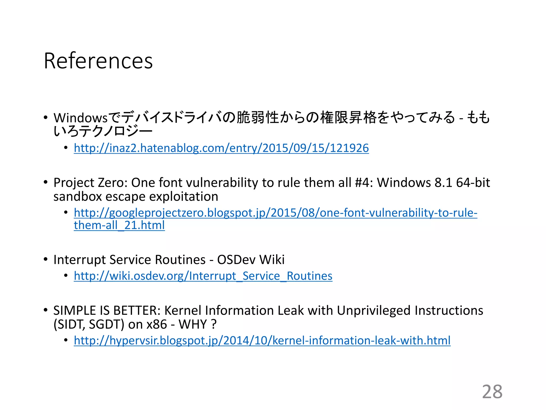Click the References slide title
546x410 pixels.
click(98, 61)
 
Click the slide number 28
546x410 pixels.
click(492, 392)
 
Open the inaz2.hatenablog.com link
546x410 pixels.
click(221, 148)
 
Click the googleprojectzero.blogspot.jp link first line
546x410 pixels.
click(275, 213)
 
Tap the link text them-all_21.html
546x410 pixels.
click(119, 225)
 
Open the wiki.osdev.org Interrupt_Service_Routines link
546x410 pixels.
click(203, 276)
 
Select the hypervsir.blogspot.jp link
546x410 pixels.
click(262, 341)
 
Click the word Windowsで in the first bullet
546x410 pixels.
click(87, 118)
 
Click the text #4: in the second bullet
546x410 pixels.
click(364, 183)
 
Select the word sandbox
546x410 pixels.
click(78, 197)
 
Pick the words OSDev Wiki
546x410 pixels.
click(251, 260)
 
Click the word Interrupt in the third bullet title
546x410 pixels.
click(79, 260)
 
